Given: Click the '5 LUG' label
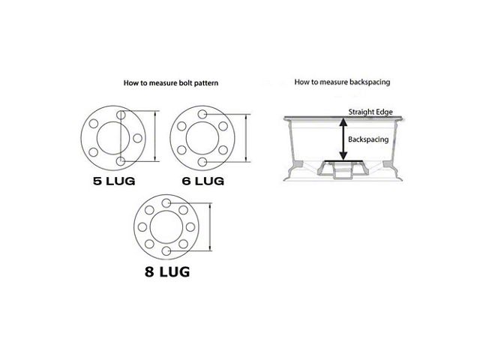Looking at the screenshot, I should pos(112,181).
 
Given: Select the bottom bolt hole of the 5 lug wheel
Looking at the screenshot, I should pos(121,161).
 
